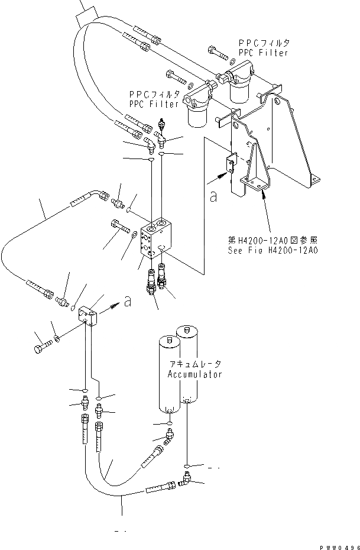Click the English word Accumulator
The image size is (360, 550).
pos(195,374)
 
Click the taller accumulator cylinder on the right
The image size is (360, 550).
pos(192,364)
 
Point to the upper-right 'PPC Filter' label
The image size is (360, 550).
pos(263,48)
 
